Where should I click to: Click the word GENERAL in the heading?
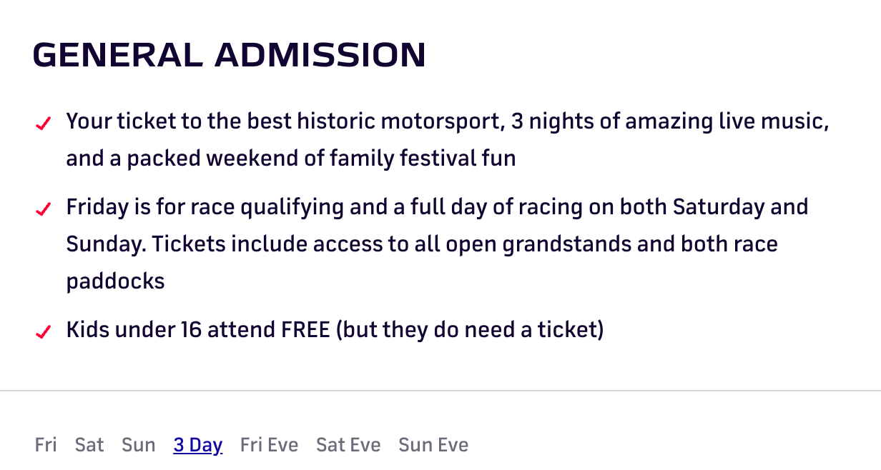(x=118, y=54)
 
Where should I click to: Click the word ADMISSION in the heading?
(x=320, y=54)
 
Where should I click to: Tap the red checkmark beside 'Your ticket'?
(x=43, y=124)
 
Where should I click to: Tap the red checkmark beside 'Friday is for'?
(x=43, y=209)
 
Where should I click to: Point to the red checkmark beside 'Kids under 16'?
(x=43, y=331)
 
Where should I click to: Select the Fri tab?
(x=46, y=445)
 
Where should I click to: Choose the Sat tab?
(x=89, y=445)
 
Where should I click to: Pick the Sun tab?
(x=139, y=445)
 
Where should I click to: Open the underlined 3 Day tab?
(x=198, y=446)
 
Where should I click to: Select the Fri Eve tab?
(x=269, y=445)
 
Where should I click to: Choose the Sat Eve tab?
(x=348, y=445)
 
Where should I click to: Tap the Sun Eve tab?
(x=433, y=445)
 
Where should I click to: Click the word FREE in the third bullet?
(x=305, y=329)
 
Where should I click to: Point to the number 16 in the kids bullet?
(x=191, y=329)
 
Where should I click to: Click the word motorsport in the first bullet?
(x=443, y=121)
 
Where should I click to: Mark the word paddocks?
(x=115, y=282)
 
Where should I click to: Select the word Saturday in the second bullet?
(x=719, y=207)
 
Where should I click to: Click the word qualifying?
(x=292, y=207)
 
